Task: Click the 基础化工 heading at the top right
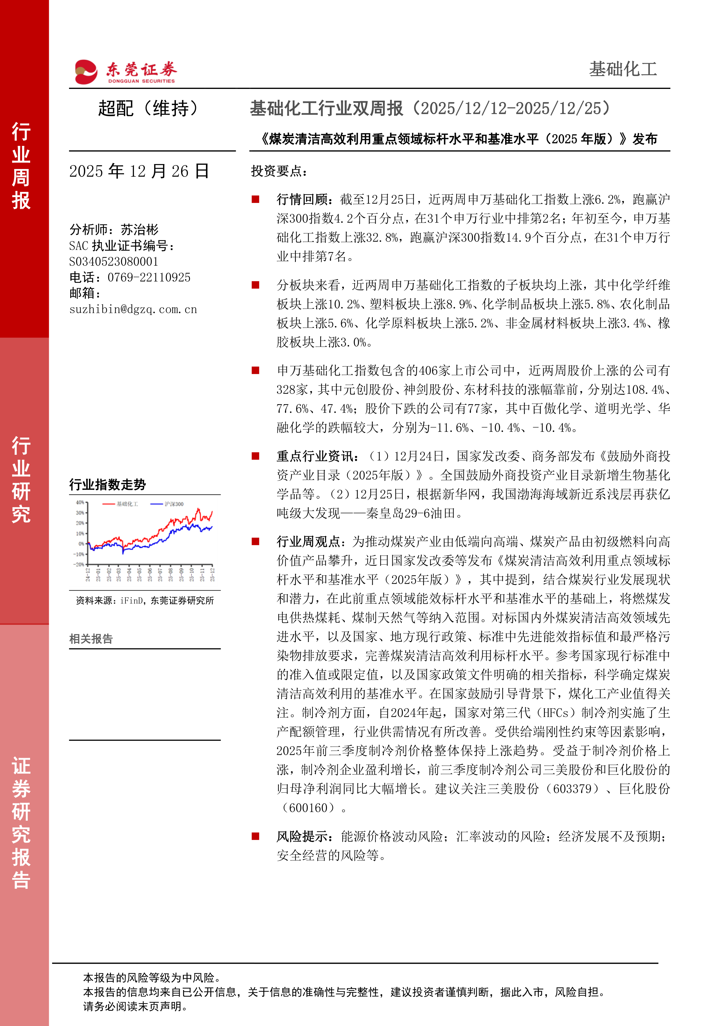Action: point(622,69)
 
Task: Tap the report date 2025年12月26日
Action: point(139,171)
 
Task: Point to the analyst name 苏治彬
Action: point(140,230)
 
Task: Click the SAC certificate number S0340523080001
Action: point(114,261)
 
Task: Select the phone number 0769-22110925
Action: point(149,278)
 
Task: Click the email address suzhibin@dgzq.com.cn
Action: point(133,309)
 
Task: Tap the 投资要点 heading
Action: point(279,171)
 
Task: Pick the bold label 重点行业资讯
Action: point(318,456)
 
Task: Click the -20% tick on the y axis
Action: point(79,564)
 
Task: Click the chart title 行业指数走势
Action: point(107,484)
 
